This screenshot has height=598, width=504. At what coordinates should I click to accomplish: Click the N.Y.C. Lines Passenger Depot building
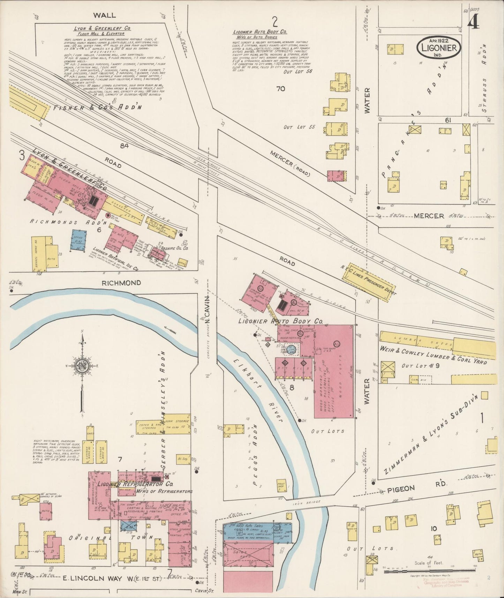[x=369, y=282]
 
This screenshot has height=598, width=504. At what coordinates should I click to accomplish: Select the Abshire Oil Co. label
[x=176, y=249]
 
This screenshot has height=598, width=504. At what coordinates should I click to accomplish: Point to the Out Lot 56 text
[x=298, y=72]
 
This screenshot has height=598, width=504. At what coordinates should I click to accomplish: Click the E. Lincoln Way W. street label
[x=112, y=578]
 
